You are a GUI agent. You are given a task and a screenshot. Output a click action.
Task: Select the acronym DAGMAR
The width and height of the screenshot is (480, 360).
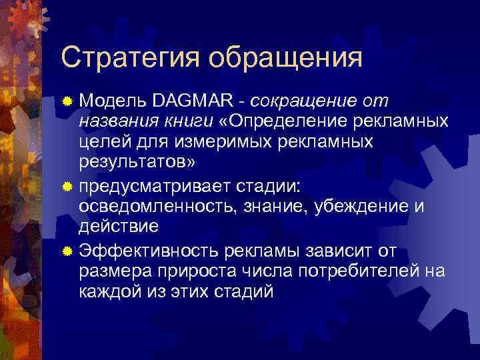(194, 101)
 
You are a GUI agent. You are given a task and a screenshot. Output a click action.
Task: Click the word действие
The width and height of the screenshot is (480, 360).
(119, 227)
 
